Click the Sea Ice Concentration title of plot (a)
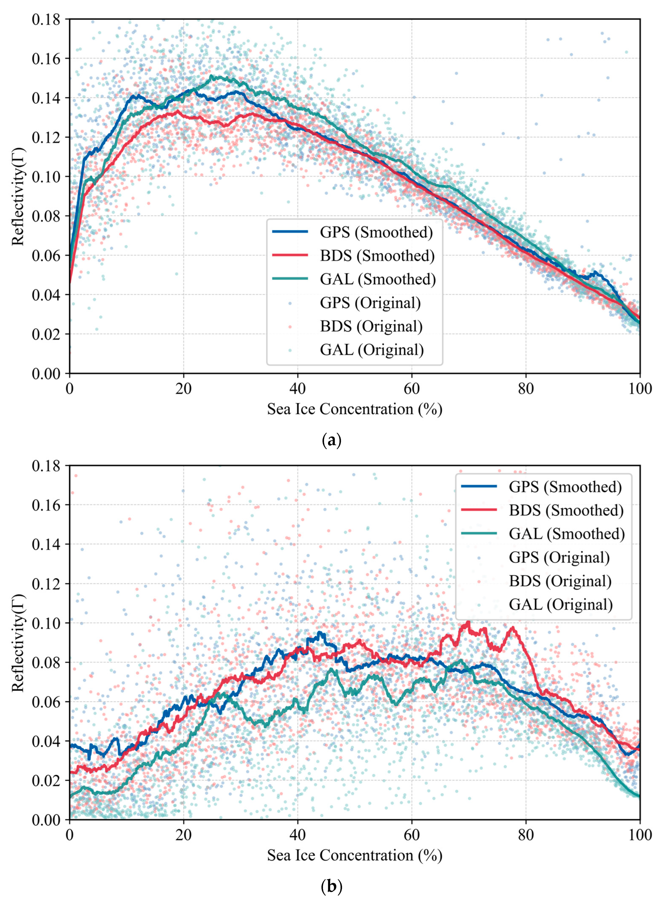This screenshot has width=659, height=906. point(354,409)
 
